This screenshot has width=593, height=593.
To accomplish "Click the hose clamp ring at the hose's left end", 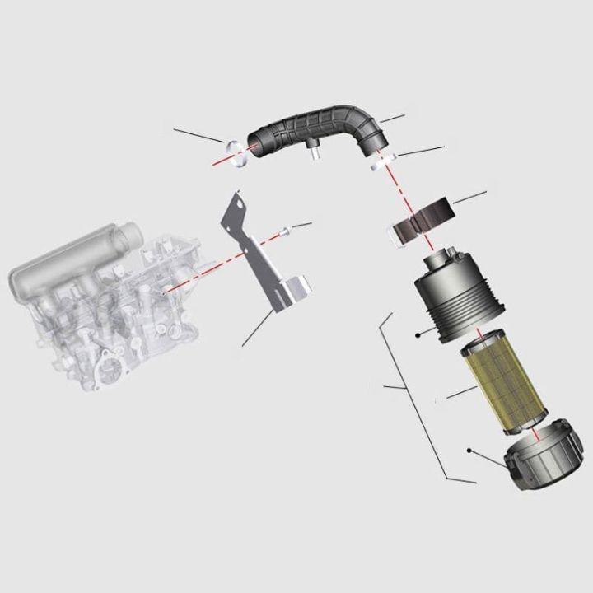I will (x=236, y=153).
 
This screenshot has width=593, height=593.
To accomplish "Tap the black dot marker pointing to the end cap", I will (x=469, y=451).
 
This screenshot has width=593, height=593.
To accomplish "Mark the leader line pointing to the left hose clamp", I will (x=198, y=135).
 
